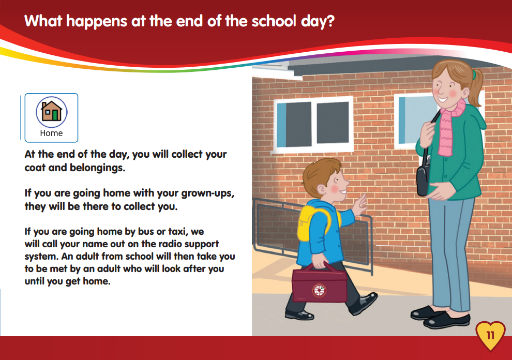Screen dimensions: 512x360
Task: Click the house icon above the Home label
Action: point(51,111)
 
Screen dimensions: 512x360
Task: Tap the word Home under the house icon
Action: point(51,133)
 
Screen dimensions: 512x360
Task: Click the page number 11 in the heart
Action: point(490,336)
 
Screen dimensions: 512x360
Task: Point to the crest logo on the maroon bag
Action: point(319,290)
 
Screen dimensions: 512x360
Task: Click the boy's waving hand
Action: point(360,205)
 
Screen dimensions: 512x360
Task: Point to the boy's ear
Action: point(322,189)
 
